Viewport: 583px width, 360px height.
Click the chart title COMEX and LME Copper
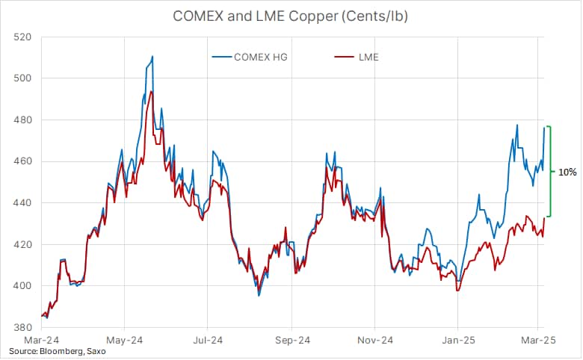point(291,14)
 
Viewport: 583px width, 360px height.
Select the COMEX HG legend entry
point(259,56)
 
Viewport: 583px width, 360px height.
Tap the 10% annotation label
point(567,172)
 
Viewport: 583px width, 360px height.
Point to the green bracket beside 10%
point(550,172)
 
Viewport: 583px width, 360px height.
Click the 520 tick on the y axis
point(22,37)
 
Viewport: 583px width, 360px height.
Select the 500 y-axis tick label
point(22,78)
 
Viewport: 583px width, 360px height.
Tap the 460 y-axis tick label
point(22,161)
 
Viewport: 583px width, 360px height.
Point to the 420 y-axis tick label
point(22,244)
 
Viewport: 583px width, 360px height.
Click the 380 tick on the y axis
point(22,328)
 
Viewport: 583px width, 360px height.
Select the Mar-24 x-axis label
point(42,340)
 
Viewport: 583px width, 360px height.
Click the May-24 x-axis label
point(125,340)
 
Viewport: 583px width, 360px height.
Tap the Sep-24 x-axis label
point(293,340)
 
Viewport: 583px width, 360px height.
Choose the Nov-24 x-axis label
point(376,340)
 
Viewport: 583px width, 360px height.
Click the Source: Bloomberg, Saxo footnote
point(58,351)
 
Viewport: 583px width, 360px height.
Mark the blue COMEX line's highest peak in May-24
point(152,56)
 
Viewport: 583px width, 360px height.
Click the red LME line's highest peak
point(152,91)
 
